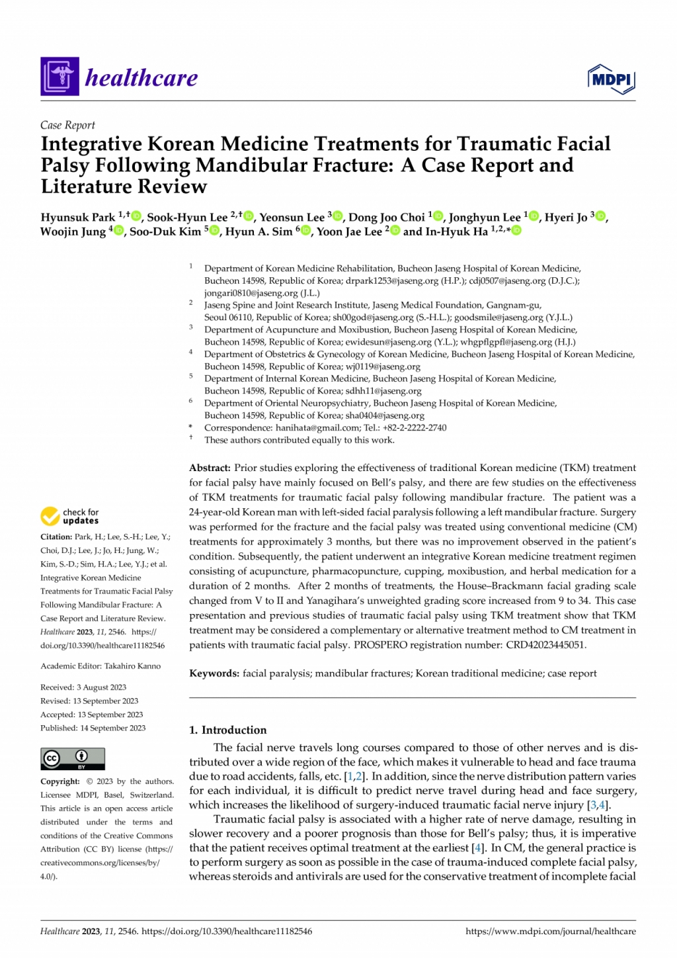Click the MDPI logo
pyautogui.click(x=611, y=79)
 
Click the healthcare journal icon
pyautogui.click(x=60, y=77)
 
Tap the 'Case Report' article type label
pyautogui.click(x=67, y=125)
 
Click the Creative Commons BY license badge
pyautogui.click(x=73, y=758)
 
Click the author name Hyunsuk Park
pyautogui.click(x=78, y=218)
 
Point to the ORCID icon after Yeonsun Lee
pyautogui.click(x=338, y=216)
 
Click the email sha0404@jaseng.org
pyautogui.click(x=385, y=415)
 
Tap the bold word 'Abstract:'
pyautogui.click(x=210, y=468)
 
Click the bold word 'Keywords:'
pyautogui.click(x=214, y=674)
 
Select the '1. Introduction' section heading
pyautogui.click(x=228, y=730)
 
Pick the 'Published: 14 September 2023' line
pyautogui.click(x=93, y=728)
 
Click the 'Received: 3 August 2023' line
pyautogui.click(x=83, y=687)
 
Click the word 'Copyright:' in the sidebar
pyautogui.click(x=60, y=781)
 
